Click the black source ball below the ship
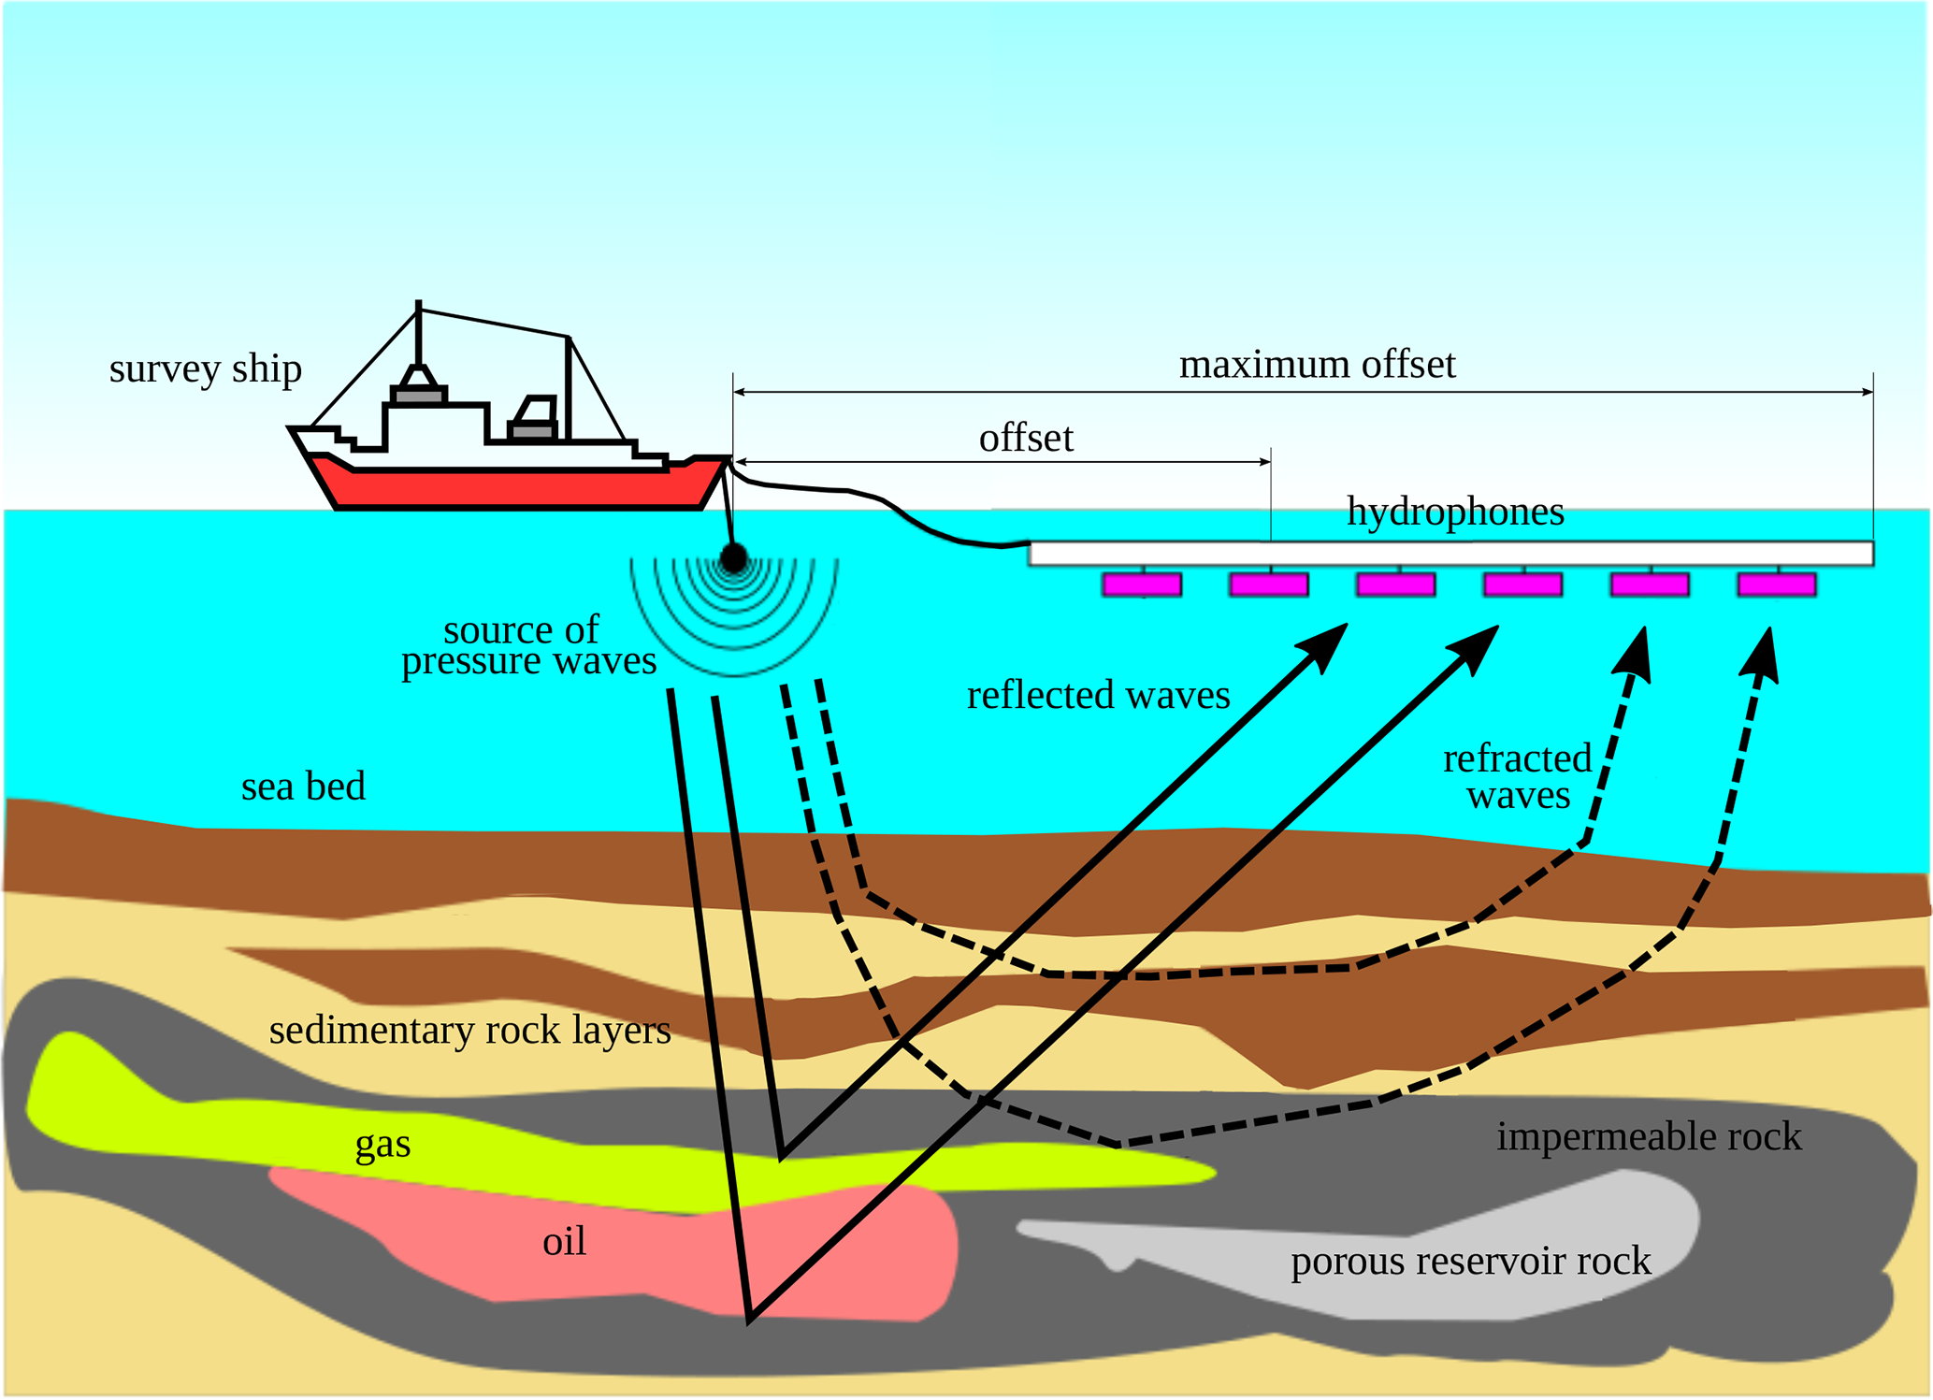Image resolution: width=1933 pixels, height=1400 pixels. pyautogui.click(x=734, y=558)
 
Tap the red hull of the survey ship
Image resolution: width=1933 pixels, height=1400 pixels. pyautogui.click(x=514, y=486)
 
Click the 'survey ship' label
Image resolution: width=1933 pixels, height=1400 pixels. pyautogui.click(x=205, y=368)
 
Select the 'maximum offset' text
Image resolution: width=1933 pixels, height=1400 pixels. pyautogui.click(x=1317, y=365)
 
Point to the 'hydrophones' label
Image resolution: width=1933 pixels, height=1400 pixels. pyautogui.click(x=1455, y=512)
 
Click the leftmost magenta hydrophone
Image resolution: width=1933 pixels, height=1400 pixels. pyautogui.click(x=1142, y=585)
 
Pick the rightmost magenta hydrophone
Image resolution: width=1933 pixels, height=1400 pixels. pyautogui.click(x=1776, y=585)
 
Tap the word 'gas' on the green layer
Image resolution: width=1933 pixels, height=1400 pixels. pyautogui.click(x=382, y=1143)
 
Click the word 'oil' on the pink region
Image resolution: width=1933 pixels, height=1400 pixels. pyautogui.click(x=564, y=1241)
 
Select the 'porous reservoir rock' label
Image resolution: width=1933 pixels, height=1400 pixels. pyautogui.click(x=1470, y=1261)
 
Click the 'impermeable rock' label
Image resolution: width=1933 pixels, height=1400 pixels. pyautogui.click(x=1649, y=1136)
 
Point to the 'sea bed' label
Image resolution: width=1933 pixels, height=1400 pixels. pyautogui.click(x=303, y=787)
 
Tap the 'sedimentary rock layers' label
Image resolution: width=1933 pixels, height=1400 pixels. pyautogui.click(x=469, y=1030)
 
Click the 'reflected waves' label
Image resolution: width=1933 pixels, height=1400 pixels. pyautogui.click(x=1098, y=695)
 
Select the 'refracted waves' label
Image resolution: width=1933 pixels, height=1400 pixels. pyautogui.click(x=1517, y=776)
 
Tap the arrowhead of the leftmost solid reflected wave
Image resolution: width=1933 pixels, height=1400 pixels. pyautogui.click(x=1326, y=645)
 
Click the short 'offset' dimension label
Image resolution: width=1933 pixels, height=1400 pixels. pyautogui.click(x=1026, y=438)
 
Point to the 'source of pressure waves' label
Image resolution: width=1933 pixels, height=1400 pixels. pyautogui.click(x=527, y=645)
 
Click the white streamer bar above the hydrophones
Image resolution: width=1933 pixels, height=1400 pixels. pyautogui.click(x=1450, y=554)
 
